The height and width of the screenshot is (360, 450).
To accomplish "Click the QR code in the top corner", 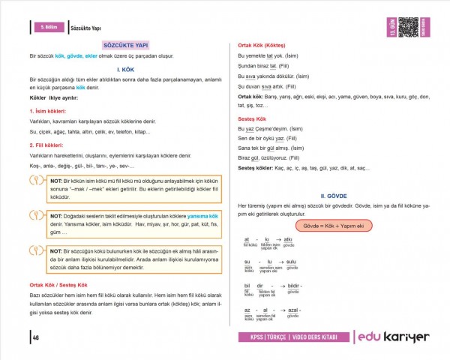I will point(408,25).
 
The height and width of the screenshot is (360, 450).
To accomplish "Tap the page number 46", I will point(35,337).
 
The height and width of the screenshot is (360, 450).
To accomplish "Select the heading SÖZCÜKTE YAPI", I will point(125,45).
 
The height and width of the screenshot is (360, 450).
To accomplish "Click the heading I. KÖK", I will point(125,68).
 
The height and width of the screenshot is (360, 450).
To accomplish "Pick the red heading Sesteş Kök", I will point(252,118).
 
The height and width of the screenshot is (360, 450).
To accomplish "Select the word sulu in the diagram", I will point(291,262).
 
